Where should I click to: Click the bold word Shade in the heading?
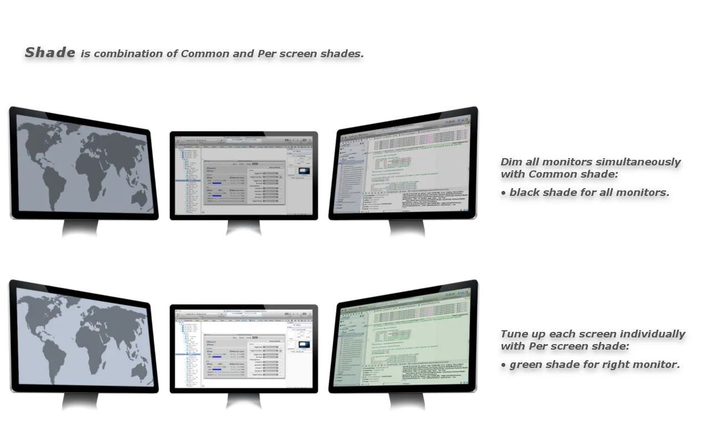[x=50, y=53]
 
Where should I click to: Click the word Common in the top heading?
[x=205, y=54]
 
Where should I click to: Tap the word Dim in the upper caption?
[x=512, y=162]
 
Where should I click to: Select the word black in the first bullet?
[x=524, y=193]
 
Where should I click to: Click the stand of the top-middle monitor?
[x=244, y=228]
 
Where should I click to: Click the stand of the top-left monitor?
[x=80, y=228]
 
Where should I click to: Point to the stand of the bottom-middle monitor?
[x=244, y=401]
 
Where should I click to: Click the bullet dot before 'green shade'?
[x=503, y=365]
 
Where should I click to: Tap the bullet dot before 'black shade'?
[x=503, y=193]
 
